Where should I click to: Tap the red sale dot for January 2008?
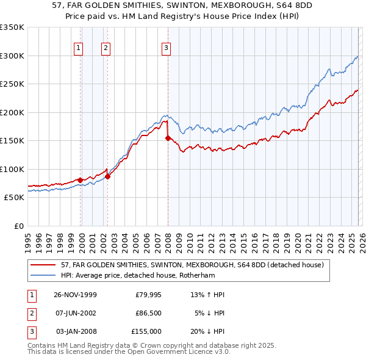(x=168, y=138)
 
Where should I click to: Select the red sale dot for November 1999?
(x=81, y=180)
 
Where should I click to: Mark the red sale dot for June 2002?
(x=107, y=176)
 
